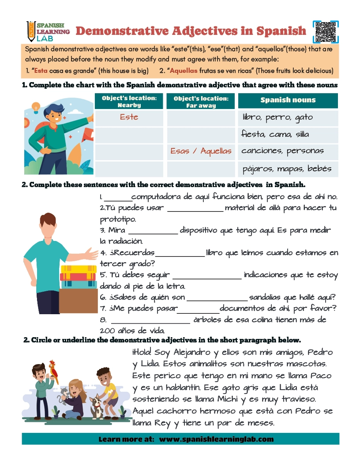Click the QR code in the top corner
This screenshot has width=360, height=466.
click(x=326, y=32)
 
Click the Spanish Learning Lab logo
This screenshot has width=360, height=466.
click(x=48, y=31)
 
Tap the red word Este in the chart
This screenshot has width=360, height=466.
click(x=129, y=117)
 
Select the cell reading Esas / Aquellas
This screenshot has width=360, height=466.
click(x=201, y=151)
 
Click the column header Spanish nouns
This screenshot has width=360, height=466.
click(x=288, y=100)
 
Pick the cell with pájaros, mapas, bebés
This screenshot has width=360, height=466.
click(x=287, y=169)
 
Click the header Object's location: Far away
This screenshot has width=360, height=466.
click(x=201, y=101)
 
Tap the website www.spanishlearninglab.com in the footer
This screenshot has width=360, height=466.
click(x=216, y=439)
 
